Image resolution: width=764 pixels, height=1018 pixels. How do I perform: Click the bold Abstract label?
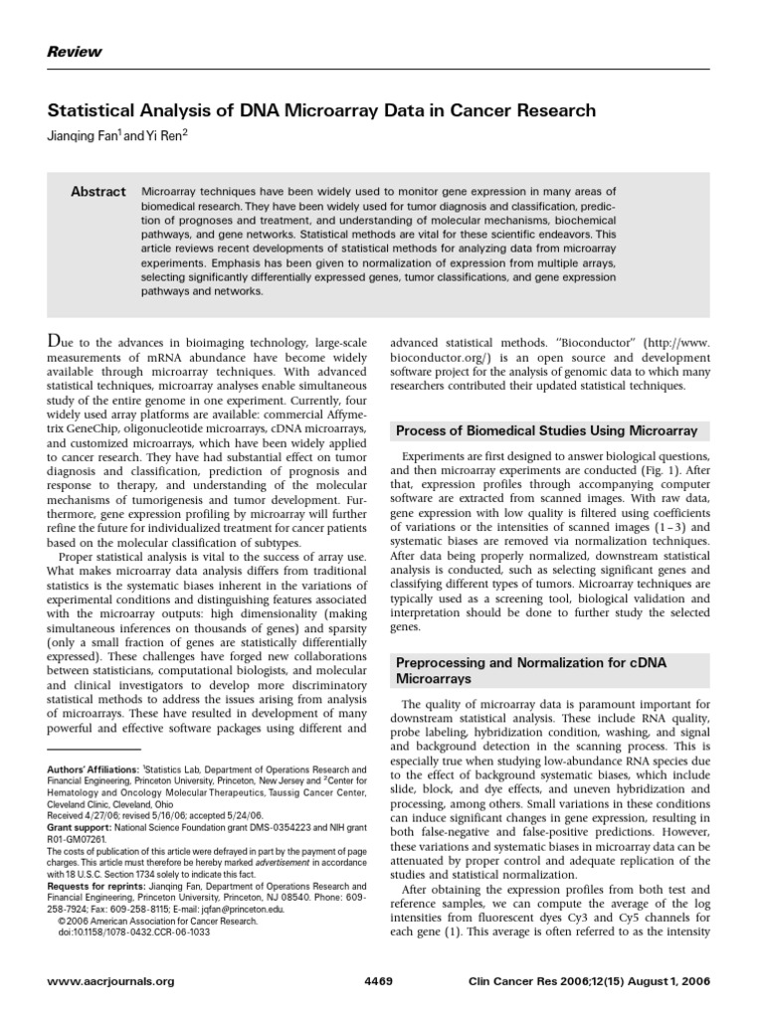[97, 192]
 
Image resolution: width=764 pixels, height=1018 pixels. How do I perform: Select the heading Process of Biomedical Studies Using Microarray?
[547, 430]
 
